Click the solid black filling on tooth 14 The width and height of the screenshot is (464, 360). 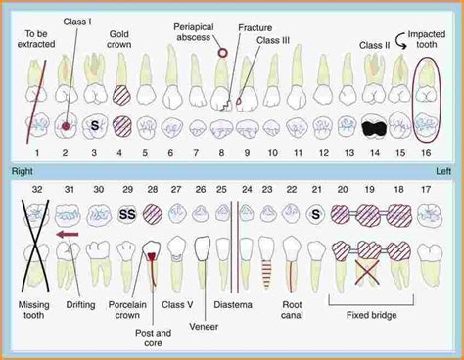click(x=372, y=127)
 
